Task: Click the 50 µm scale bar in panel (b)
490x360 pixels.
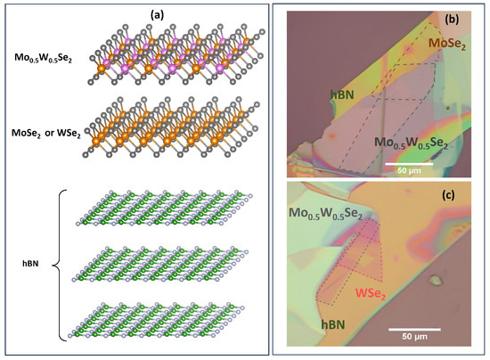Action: (x=409, y=163)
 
